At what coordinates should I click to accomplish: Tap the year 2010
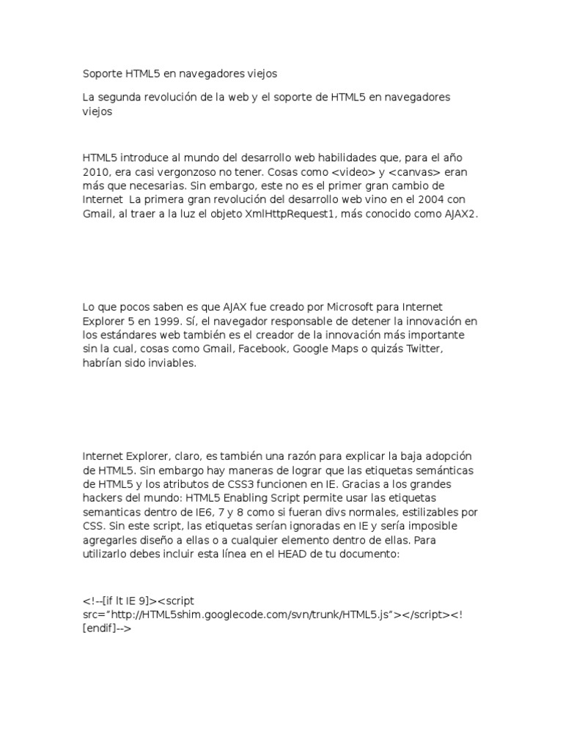[x=96, y=172]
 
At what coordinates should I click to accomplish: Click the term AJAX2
[x=458, y=214]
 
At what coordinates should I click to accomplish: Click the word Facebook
[x=260, y=349]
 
